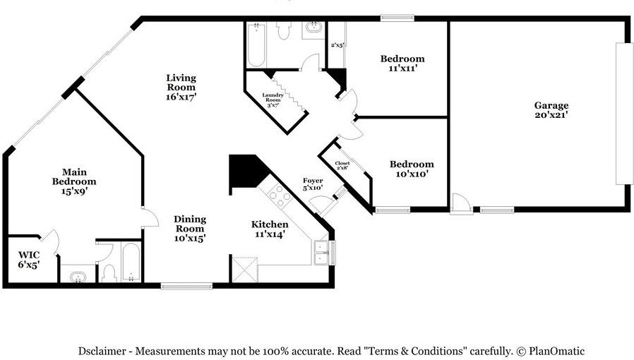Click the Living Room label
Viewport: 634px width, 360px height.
tap(181, 87)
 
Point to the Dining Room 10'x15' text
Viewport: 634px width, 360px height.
tap(189, 229)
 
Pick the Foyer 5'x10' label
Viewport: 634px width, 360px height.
tap(313, 185)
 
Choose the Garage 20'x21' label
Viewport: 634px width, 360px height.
tap(551, 110)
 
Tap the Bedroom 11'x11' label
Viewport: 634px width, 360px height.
tap(402, 64)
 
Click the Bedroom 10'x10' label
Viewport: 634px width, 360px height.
tap(412, 169)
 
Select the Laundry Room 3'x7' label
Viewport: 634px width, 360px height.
tap(273, 99)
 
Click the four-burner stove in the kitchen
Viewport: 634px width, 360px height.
tap(277, 195)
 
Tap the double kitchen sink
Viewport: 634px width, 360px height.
tap(322, 252)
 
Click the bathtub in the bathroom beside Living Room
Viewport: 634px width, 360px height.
tap(256, 46)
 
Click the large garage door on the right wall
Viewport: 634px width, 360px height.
tap(624, 113)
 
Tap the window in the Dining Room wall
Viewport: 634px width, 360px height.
tap(186, 286)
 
